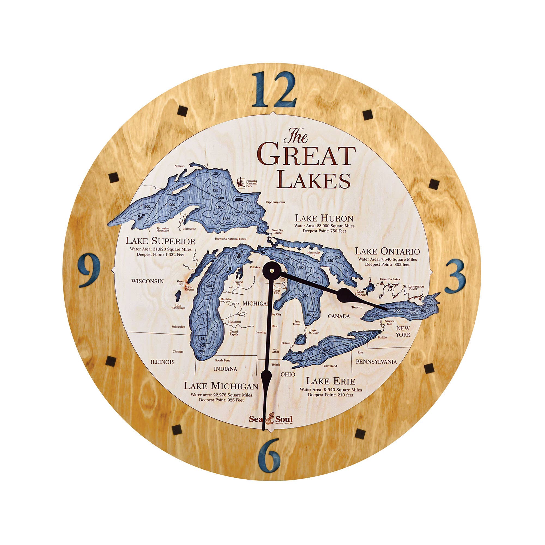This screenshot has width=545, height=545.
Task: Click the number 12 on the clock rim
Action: tap(274, 90)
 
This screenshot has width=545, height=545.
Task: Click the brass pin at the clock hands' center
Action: tap(271, 270)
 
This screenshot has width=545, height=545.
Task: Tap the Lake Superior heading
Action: tap(160, 241)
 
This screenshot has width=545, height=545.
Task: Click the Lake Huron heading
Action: tap(324, 218)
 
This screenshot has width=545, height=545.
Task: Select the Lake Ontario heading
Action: tap(387, 251)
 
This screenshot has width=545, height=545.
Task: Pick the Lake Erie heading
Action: tap(331, 381)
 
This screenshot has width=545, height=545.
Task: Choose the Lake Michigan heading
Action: tap(221, 386)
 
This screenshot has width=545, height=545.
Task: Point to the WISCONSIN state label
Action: tap(147, 281)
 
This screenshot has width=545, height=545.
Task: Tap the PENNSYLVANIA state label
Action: tap(376, 362)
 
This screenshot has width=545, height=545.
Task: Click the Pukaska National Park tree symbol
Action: tap(240, 182)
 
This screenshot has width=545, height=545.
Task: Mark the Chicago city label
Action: tap(178, 352)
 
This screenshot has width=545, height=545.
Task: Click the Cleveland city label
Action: tap(330, 366)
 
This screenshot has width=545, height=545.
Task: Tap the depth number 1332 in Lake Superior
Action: tap(226, 219)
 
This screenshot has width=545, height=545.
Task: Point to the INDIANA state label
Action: tap(225, 369)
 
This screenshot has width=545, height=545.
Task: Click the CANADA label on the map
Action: tap(338, 316)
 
